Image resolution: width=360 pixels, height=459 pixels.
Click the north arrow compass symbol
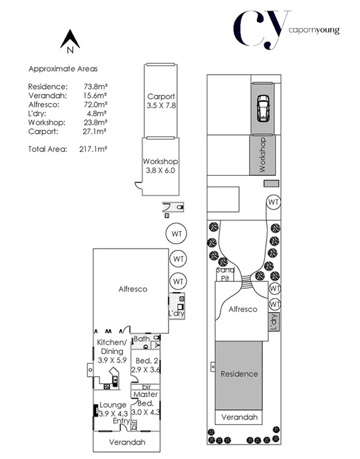point(70,41)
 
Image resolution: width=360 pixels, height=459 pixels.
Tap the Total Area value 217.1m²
point(95,149)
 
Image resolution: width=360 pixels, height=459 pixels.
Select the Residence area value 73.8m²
point(95,86)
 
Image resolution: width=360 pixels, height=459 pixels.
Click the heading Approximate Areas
point(63,69)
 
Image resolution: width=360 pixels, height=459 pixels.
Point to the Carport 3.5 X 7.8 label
point(161,101)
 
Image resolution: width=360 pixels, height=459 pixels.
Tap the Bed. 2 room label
point(146,365)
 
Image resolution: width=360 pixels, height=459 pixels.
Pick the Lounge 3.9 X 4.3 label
point(112,409)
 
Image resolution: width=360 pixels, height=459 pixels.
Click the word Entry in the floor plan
point(120,421)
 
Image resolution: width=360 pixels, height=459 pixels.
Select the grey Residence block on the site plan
point(239,374)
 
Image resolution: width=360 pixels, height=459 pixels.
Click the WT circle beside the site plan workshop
point(273,202)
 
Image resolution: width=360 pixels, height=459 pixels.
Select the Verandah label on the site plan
point(239,417)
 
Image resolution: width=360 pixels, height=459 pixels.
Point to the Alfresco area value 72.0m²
point(95,104)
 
